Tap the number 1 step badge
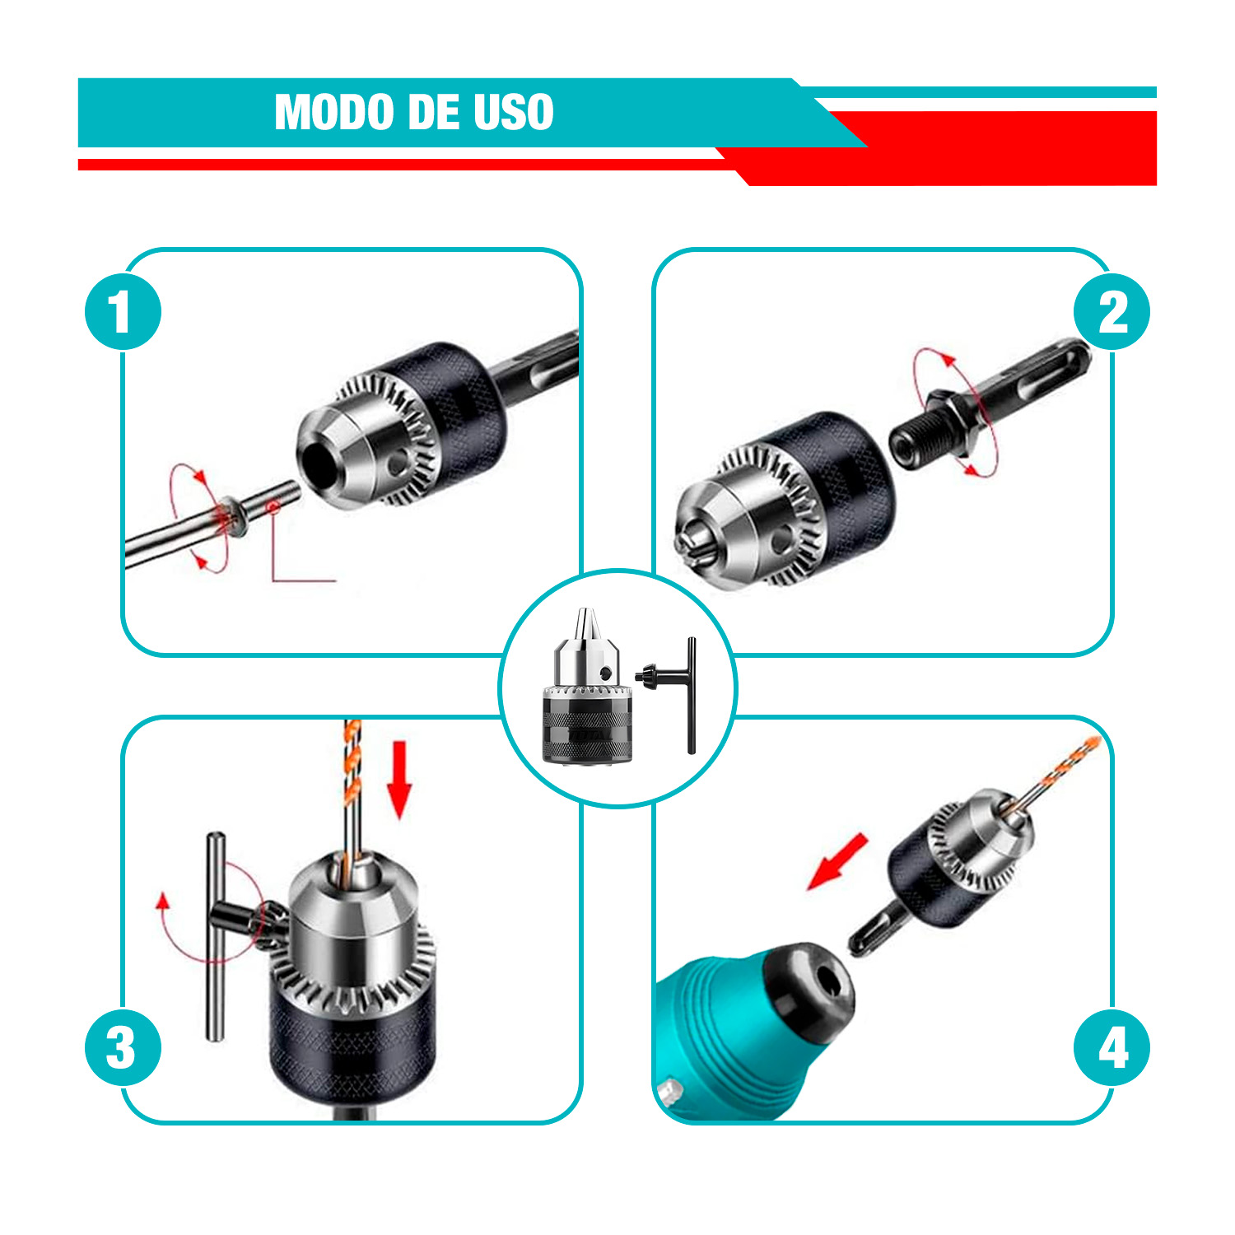(123, 312)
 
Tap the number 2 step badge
(1111, 312)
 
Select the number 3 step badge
(123, 1048)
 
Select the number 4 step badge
(1111, 1048)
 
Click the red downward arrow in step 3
(400, 779)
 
